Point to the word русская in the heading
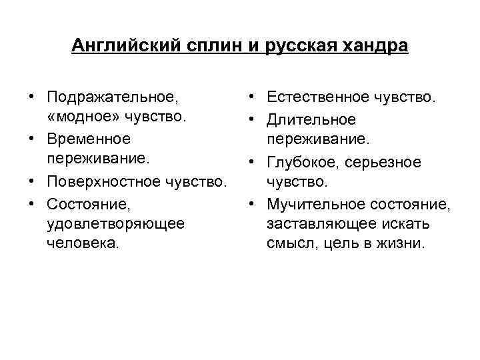point(296,46)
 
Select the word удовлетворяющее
point(115,223)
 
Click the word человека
point(83,243)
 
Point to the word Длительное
point(311,119)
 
